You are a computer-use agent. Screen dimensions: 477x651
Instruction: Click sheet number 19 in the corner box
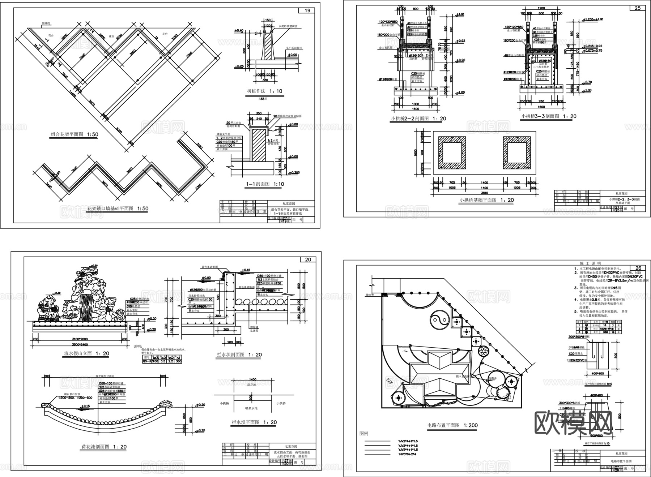(x=307, y=10)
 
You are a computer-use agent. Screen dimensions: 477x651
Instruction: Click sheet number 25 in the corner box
(x=638, y=8)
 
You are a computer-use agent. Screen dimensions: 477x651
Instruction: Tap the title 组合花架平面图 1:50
(x=74, y=134)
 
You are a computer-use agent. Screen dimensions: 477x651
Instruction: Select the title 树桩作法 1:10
(x=263, y=91)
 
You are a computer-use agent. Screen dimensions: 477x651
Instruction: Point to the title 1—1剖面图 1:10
(x=265, y=184)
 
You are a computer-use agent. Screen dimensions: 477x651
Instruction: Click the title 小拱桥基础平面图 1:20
(x=487, y=200)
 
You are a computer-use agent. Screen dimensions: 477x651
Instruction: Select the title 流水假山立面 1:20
(x=84, y=353)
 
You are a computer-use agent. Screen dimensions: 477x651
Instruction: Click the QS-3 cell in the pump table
(x=145, y=361)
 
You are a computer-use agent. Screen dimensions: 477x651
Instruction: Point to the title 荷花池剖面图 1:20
(x=103, y=447)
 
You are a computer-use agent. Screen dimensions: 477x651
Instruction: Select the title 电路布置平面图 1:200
(x=452, y=425)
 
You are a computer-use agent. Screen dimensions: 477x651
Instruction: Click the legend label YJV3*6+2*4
(x=408, y=455)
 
